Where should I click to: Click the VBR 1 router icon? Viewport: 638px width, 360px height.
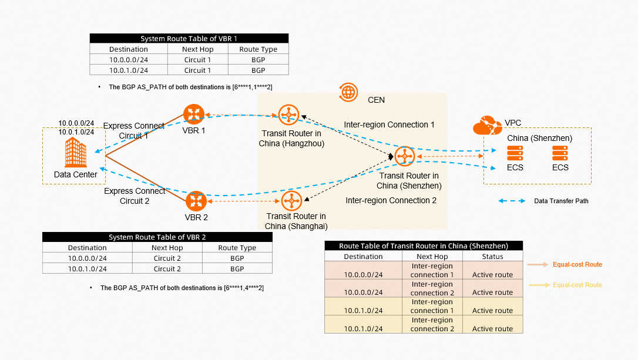(x=193, y=113)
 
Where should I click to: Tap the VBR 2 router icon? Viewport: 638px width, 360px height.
(x=196, y=201)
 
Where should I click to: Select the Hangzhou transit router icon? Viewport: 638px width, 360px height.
(x=288, y=115)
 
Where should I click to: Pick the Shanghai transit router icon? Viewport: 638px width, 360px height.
(x=291, y=201)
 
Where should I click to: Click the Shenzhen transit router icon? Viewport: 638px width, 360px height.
(x=405, y=157)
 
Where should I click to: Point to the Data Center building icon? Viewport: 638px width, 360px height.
(x=75, y=153)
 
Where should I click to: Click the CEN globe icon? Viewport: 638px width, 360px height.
(x=348, y=92)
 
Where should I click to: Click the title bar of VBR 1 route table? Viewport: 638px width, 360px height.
(x=189, y=39)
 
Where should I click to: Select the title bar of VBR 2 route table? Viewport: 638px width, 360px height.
(x=157, y=237)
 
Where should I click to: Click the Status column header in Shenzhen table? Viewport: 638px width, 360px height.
(x=492, y=257)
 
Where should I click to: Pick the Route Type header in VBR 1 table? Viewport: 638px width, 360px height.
(x=258, y=49)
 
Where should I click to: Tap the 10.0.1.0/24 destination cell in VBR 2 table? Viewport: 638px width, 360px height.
(x=88, y=269)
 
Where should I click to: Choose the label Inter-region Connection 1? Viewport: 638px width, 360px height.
(x=389, y=125)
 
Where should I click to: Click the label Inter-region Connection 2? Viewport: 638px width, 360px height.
(x=391, y=200)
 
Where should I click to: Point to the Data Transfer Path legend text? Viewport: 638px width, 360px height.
(x=561, y=201)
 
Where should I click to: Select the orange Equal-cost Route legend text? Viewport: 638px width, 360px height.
(x=577, y=265)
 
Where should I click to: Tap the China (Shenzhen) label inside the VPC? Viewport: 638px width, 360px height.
(x=540, y=138)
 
